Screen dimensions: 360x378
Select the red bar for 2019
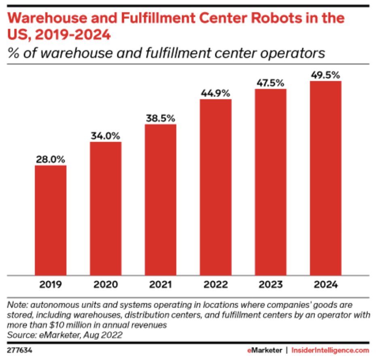click(51, 220)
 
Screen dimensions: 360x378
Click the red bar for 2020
click(106, 209)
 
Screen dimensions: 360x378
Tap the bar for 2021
click(161, 200)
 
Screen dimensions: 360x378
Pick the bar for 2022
click(216, 187)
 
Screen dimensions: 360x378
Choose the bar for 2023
click(271, 182)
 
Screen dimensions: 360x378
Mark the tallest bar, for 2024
click(326, 178)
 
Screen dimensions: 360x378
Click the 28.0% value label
click(51, 159)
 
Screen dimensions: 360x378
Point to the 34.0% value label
click(106, 136)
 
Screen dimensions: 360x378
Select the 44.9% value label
click(216, 93)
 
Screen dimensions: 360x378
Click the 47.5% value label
click(271, 83)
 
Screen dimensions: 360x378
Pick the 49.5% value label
click(326, 75)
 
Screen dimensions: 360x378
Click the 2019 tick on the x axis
click(51, 285)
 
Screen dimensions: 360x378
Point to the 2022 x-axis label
click(216, 285)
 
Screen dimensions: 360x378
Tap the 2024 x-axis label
click(326, 285)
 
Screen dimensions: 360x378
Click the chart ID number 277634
click(19, 349)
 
